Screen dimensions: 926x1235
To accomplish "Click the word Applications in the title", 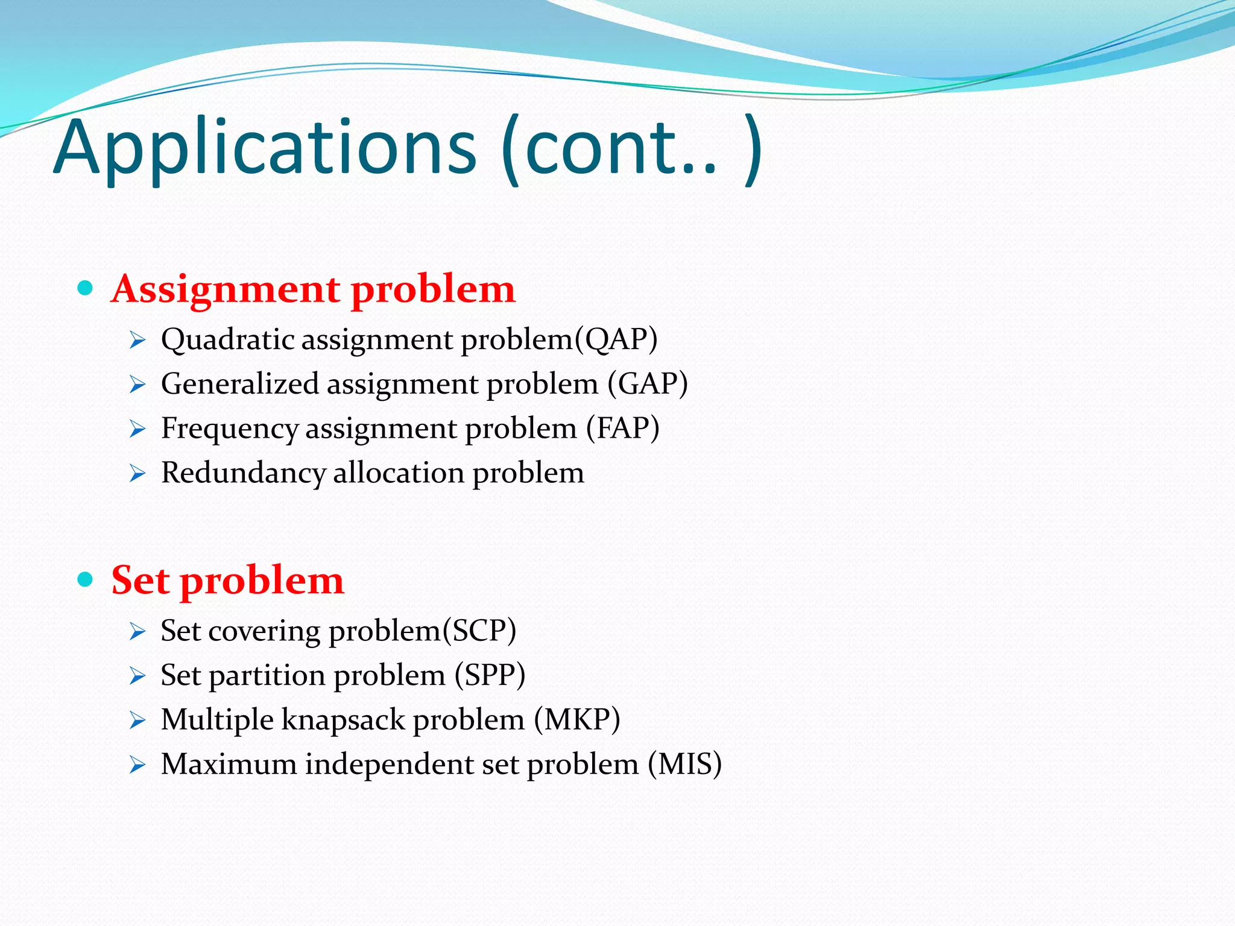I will pyautogui.click(x=265, y=148).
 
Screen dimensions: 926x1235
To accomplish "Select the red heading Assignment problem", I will pyautogui.click(x=313, y=289).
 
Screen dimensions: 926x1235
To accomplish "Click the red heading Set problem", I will pyautogui.click(x=227, y=580).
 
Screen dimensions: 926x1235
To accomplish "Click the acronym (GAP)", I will pyautogui.click(x=648, y=383).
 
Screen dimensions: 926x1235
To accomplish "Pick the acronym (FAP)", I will pyautogui.click(x=623, y=428).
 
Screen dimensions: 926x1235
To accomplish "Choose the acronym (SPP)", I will pyautogui.click(x=490, y=675).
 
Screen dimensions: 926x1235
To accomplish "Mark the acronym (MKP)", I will pyautogui.click(x=577, y=719).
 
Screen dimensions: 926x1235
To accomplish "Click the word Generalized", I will pyautogui.click(x=239, y=383).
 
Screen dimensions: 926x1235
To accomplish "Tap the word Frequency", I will pyautogui.click(x=229, y=428).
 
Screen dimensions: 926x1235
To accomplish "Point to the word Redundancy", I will pyautogui.click(x=243, y=473).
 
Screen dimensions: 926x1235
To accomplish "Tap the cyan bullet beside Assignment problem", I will pyautogui.click(x=85, y=288).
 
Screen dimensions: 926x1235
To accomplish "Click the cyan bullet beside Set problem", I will pyautogui.click(x=85, y=579).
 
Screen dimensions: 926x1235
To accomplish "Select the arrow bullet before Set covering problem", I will pyautogui.click(x=137, y=632).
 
